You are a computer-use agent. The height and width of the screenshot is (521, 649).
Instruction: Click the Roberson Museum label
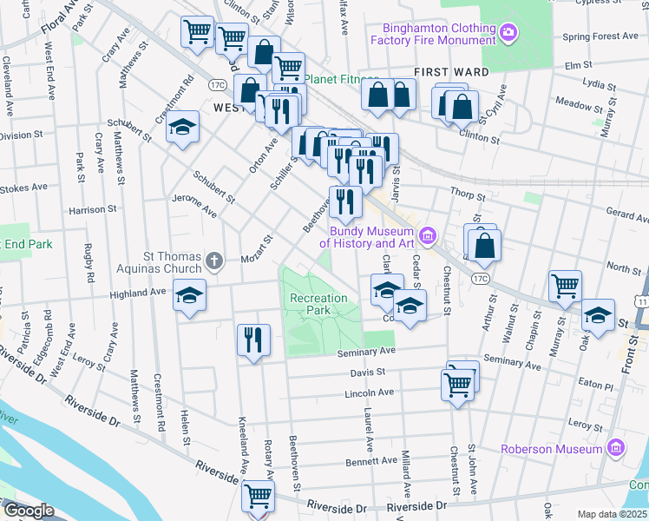point(551,449)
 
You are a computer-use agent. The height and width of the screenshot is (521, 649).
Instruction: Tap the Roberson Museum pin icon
point(616,448)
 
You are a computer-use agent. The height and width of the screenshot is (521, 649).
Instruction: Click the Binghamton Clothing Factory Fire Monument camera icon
point(508,33)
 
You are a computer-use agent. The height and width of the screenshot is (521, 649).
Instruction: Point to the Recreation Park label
point(318,304)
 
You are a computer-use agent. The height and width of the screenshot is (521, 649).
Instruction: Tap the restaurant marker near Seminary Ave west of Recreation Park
point(253,339)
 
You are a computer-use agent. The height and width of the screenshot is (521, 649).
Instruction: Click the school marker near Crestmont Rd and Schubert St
point(183,129)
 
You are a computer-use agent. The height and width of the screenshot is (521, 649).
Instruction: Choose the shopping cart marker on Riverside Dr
point(258,496)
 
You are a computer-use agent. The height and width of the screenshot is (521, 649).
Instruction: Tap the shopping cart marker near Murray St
point(565,285)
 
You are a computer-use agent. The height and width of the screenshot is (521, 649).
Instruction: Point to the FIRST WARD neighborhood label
point(451,72)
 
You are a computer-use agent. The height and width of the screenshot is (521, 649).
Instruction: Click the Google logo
point(29,511)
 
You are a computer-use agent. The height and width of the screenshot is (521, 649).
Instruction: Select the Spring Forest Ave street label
point(600,36)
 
